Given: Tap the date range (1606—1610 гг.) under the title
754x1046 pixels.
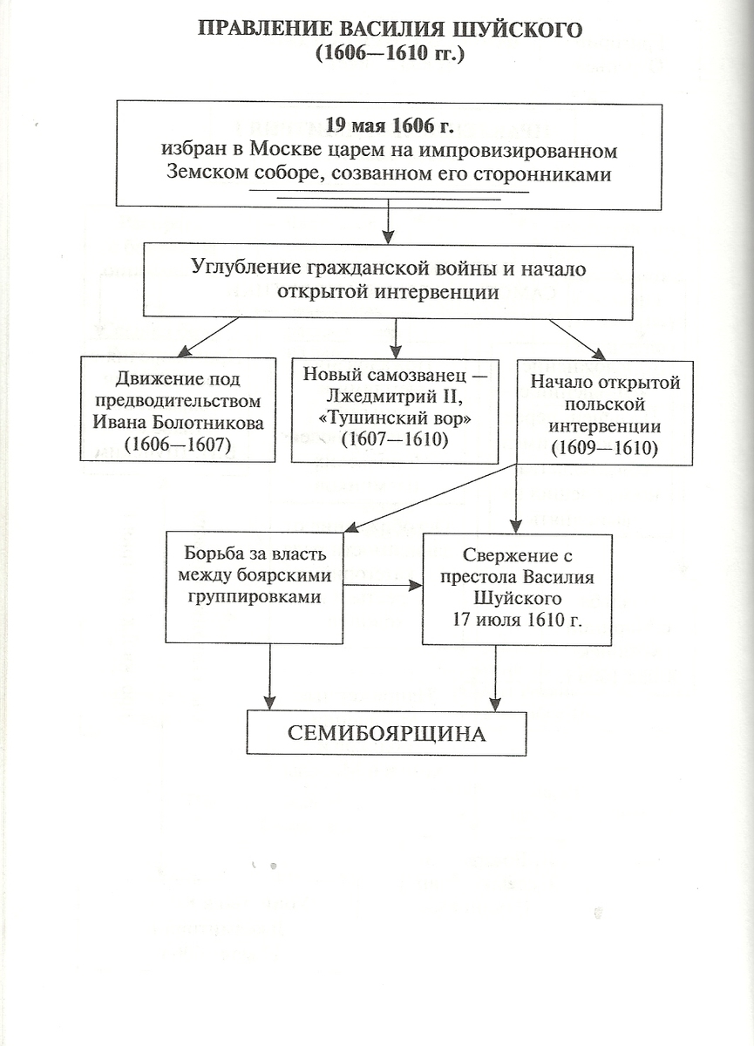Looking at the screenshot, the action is (390, 54).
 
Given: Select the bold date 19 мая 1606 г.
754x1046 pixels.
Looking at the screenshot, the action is (389, 126).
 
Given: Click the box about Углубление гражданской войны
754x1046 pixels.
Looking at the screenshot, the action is (388, 281).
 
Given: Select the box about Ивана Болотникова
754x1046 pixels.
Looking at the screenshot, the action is (178, 409).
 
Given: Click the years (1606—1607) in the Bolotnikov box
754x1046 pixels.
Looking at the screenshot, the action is (178, 445).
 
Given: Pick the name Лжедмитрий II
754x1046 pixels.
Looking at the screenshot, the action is (395, 397).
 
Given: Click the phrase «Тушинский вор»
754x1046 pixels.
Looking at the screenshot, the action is (395, 419).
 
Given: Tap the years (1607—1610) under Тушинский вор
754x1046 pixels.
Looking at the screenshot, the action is (395, 440).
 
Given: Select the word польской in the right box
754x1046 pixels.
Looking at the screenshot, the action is (605, 404).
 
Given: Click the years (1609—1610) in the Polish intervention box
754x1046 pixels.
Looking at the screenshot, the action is (605, 448).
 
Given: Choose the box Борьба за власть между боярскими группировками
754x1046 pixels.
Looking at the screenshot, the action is (254, 588).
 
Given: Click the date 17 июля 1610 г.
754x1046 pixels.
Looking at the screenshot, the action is (517, 620).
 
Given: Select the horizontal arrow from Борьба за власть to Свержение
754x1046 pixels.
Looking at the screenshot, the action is (383, 585).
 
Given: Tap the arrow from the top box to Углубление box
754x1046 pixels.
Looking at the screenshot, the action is (389, 221).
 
